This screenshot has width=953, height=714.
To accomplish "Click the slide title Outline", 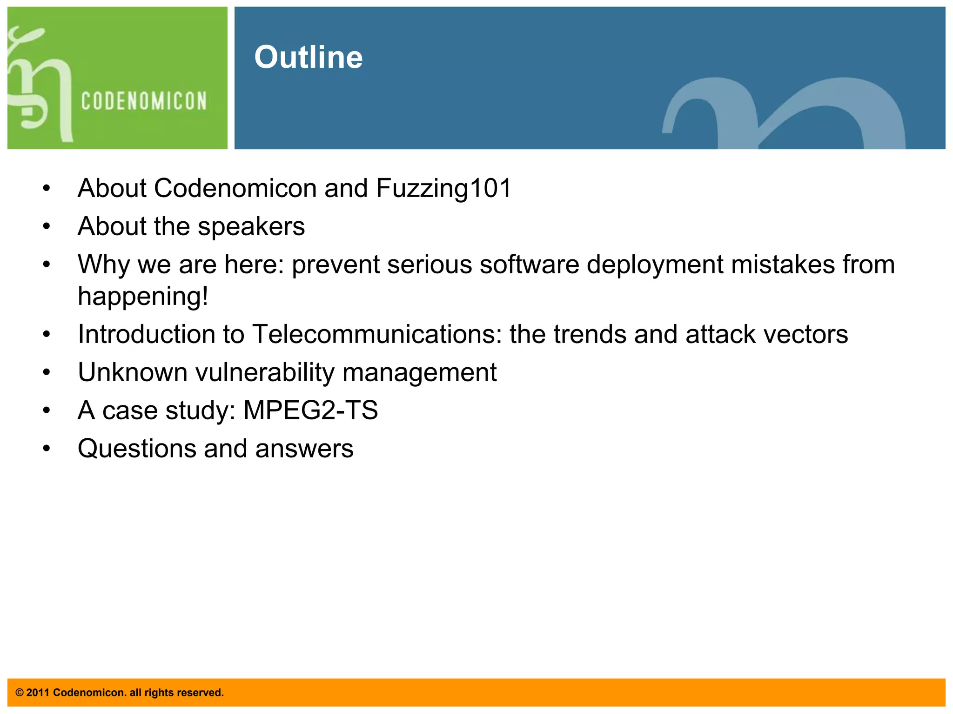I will pyautogui.click(x=308, y=57).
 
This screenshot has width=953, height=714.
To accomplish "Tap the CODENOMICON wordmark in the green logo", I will pyautogui.click(x=144, y=101).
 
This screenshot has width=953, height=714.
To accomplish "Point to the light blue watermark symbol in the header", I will pyautogui.click(x=784, y=114).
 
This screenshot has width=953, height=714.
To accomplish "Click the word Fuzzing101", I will pyautogui.click(x=443, y=188).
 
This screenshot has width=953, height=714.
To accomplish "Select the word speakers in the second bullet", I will pyautogui.click(x=251, y=226).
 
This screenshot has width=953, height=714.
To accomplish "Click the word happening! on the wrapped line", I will pyautogui.click(x=143, y=296).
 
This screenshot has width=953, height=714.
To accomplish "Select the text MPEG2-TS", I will pyautogui.click(x=310, y=410).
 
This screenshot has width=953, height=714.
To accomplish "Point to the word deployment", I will pyautogui.click(x=655, y=264).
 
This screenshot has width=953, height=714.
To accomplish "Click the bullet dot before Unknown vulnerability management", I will pyautogui.click(x=46, y=373).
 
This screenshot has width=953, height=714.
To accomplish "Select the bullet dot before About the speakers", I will pyautogui.click(x=46, y=227).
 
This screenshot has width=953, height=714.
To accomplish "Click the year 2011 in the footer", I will pyautogui.click(x=38, y=693).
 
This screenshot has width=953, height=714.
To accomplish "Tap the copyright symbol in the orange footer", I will pyautogui.click(x=20, y=693).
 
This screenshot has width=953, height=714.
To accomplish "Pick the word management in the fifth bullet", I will pyautogui.click(x=419, y=372).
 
